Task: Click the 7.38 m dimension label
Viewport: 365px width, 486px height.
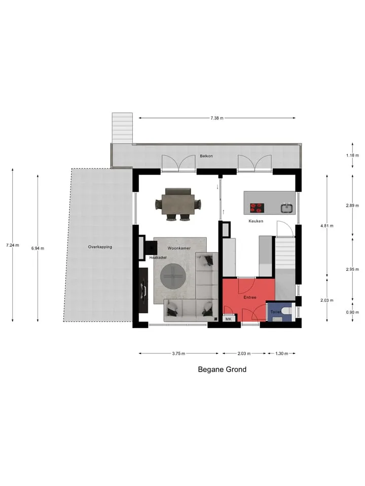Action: click(x=216, y=118)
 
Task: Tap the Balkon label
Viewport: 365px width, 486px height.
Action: click(x=206, y=156)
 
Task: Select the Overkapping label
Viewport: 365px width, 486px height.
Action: click(x=100, y=247)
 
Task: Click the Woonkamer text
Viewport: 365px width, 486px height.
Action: click(x=179, y=248)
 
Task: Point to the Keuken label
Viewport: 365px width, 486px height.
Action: click(x=255, y=221)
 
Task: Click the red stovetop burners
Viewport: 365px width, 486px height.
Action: click(x=257, y=208)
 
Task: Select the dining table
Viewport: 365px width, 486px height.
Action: click(x=178, y=204)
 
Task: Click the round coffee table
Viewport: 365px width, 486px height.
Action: click(x=173, y=275)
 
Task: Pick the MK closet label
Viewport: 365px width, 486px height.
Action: click(x=229, y=319)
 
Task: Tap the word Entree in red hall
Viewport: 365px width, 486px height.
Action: click(x=250, y=297)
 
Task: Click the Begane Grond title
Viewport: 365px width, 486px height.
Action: click(x=222, y=370)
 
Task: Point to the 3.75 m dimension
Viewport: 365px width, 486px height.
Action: click(x=178, y=353)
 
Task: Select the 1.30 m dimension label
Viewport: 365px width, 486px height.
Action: click(x=281, y=353)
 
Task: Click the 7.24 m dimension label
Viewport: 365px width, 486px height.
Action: click(x=12, y=245)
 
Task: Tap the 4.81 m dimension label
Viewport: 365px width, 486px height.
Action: click(x=327, y=226)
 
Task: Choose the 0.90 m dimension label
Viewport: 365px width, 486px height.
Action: click(x=352, y=312)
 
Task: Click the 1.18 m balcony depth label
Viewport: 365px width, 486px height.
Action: click(x=352, y=155)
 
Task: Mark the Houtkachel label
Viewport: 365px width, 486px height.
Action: click(x=158, y=258)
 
